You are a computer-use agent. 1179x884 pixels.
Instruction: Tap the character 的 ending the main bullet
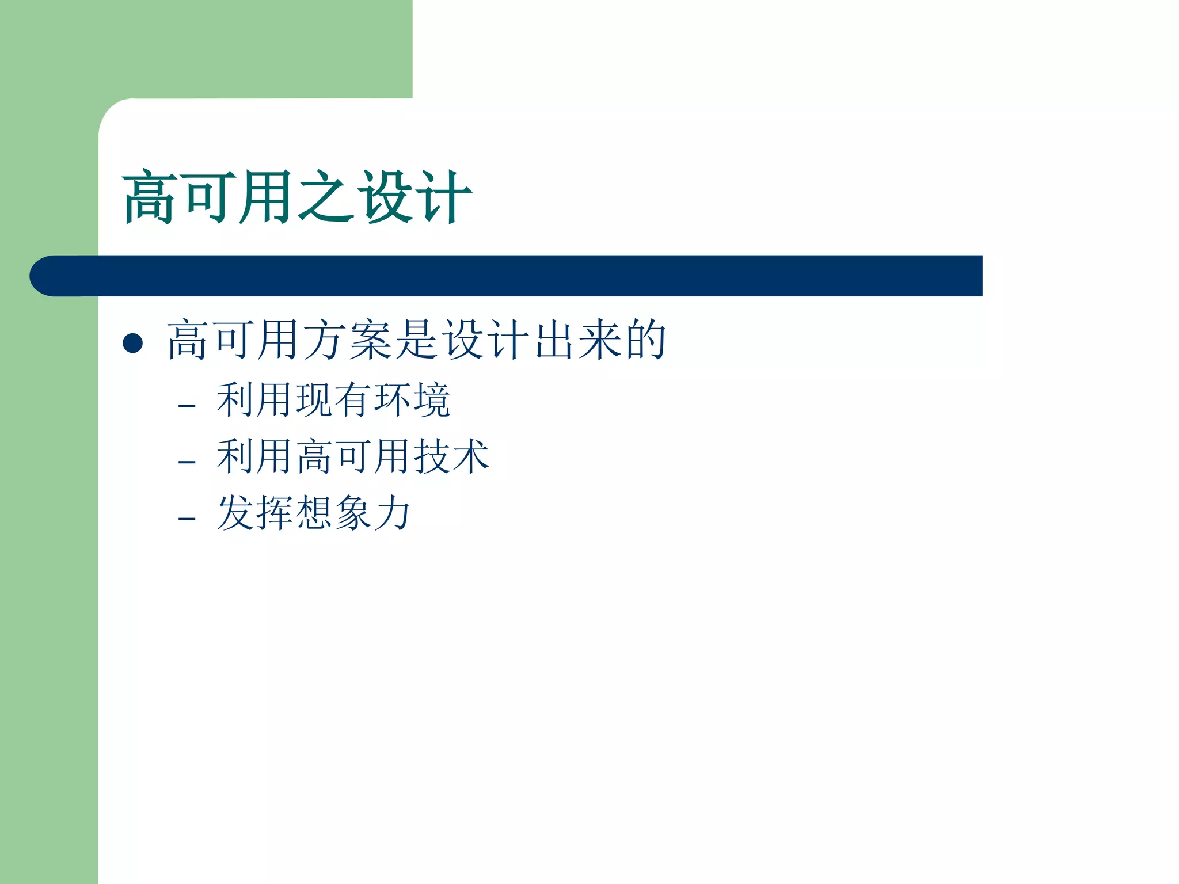[646, 340]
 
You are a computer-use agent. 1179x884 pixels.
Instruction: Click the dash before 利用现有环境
[187, 406]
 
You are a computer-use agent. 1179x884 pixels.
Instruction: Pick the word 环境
[412, 400]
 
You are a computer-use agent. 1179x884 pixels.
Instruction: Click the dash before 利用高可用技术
[187, 462]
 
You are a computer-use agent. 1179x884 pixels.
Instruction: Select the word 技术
[451, 456]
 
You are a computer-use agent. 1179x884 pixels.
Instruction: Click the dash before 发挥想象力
[187, 519]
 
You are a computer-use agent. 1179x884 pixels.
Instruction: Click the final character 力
[392, 513]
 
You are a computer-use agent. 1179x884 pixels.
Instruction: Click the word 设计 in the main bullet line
[486, 340]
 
